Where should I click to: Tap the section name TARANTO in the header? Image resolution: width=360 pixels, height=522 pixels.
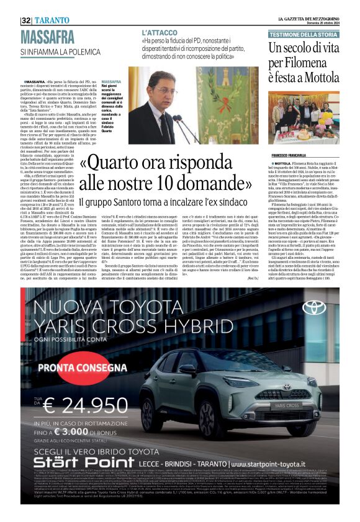pos(53,20)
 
